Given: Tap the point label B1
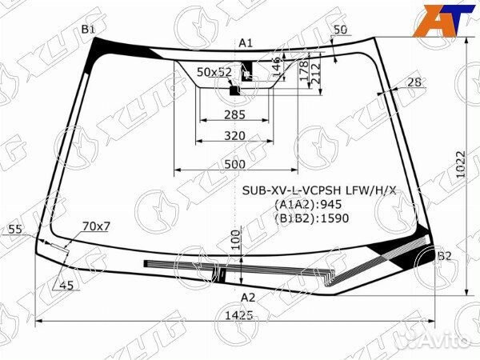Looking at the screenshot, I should (x=88, y=30).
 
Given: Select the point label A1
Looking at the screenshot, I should (x=246, y=42).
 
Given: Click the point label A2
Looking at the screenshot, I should (x=248, y=298).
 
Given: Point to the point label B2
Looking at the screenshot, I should (x=445, y=256).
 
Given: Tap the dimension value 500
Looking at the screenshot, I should (x=234, y=163).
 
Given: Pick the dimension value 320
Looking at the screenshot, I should (x=234, y=136).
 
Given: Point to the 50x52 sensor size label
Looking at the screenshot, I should (x=214, y=72).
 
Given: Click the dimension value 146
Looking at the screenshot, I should (x=276, y=64).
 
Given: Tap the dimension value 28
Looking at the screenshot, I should (x=414, y=82).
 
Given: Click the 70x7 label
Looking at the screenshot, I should (x=96, y=226).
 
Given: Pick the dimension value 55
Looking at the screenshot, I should (x=15, y=230).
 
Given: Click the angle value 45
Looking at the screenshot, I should (x=66, y=286).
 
